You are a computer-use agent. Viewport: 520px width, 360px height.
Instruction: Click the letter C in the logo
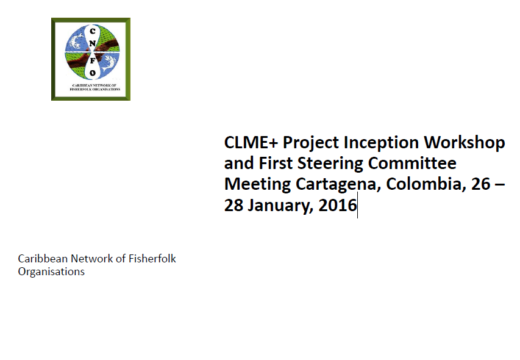coord(93,31)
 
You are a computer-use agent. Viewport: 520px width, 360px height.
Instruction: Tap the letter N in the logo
coord(92,43)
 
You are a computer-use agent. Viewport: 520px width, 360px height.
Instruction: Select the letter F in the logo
coord(93,61)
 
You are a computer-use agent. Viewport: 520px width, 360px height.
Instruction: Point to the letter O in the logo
coord(93,73)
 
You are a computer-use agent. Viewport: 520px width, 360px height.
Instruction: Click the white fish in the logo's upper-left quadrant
coord(76,40)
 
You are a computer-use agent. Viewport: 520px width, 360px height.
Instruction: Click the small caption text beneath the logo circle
coord(95,87)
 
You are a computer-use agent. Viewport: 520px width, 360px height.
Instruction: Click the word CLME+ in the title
coord(251,143)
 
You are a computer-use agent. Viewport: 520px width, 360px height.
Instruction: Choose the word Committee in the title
coord(412,164)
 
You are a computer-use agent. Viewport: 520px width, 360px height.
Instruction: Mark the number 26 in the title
coord(480,184)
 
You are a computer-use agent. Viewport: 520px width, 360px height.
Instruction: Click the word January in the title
coord(280,206)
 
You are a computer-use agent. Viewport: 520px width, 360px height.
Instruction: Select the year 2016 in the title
coord(338,206)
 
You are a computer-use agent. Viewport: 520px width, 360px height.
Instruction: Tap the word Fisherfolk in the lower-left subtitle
coord(152,259)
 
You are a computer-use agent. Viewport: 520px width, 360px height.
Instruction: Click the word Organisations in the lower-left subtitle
coord(51,272)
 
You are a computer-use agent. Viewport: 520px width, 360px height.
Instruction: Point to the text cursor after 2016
coord(357,205)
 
